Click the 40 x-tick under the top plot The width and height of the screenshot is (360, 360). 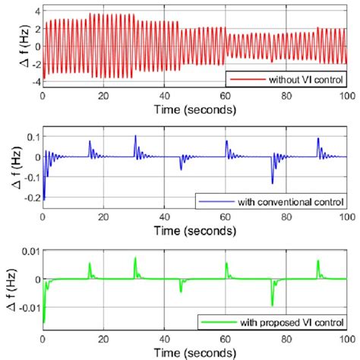(x=164, y=97)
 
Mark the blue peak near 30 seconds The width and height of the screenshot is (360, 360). (x=135, y=137)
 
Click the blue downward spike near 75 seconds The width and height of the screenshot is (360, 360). (x=272, y=183)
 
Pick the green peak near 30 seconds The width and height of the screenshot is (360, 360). (x=135, y=258)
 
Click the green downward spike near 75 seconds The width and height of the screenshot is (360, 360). (x=272, y=304)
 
